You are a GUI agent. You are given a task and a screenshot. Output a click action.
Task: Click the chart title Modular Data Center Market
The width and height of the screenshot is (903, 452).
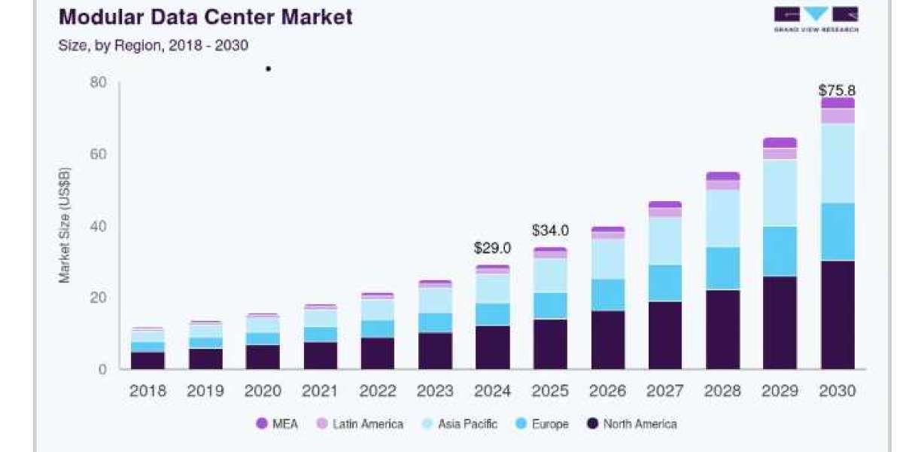pyautogui.click(x=205, y=17)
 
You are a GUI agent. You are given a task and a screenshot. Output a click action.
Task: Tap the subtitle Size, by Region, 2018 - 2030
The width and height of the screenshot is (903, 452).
pyautogui.click(x=154, y=45)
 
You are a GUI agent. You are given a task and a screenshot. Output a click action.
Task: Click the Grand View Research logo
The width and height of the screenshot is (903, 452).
pyautogui.click(x=816, y=19)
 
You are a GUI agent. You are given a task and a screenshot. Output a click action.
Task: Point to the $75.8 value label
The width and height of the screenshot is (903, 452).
pyautogui.click(x=838, y=90)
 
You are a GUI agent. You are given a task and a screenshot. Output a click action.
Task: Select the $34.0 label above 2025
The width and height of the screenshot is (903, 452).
pyautogui.click(x=550, y=231)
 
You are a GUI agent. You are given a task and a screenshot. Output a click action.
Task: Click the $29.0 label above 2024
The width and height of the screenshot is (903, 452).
pyautogui.click(x=492, y=248)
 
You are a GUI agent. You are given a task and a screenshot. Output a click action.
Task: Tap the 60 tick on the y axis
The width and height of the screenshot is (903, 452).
pyautogui.click(x=98, y=154)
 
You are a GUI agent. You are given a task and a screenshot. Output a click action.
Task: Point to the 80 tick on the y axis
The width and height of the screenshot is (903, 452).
pyautogui.click(x=98, y=82)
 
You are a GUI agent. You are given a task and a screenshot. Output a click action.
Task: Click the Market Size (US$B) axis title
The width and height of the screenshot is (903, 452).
pyautogui.click(x=65, y=225)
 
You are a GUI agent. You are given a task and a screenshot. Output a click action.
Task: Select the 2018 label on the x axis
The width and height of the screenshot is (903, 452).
pyautogui.click(x=147, y=391)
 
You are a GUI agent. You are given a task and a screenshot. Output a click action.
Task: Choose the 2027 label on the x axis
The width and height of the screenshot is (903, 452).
pyautogui.click(x=664, y=391)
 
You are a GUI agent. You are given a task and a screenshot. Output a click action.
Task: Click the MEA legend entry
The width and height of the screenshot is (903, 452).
pyautogui.click(x=278, y=423)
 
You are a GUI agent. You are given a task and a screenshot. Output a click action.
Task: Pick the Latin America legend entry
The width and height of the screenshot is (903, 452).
pyautogui.click(x=360, y=423)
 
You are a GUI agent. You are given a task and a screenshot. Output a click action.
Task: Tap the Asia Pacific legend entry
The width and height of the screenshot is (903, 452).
pyautogui.click(x=460, y=423)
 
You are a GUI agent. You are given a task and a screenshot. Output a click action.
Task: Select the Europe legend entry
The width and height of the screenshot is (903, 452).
pyautogui.click(x=543, y=423)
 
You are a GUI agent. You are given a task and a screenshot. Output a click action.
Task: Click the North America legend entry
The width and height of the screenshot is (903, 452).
pyautogui.click(x=631, y=423)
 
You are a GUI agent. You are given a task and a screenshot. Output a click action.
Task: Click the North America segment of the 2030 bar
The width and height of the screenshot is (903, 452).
pyautogui.click(x=838, y=315)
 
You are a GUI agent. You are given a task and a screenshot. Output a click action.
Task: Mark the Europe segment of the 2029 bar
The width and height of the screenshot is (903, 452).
pyautogui.click(x=780, y=252)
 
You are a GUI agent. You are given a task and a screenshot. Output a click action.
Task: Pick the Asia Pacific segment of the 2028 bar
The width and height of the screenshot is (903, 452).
pyautogui.click(x=722, y=218)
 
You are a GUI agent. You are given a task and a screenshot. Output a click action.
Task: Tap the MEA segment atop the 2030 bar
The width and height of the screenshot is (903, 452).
pyautogui.click(x=838, y=103)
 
